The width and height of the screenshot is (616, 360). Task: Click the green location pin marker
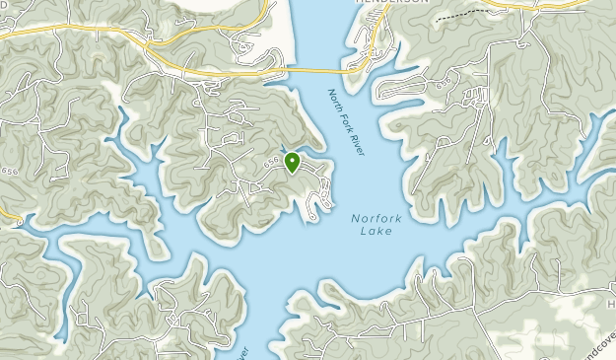point(292,162)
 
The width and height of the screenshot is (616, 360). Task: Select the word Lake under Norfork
point(376,231)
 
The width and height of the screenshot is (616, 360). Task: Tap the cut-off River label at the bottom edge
point(244,352)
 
